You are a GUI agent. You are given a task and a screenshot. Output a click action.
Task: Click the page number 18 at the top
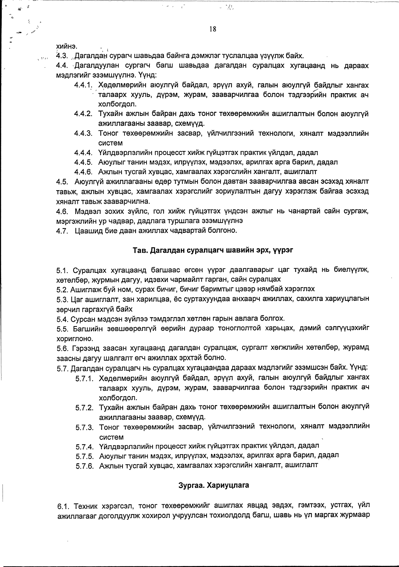pos(212,29)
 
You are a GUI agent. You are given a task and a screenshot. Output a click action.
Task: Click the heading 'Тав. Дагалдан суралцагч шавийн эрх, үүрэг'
pos(213,250)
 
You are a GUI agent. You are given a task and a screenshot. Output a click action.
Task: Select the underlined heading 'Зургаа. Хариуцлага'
pos(214,485)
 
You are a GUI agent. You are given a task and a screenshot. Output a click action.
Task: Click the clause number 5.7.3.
pos(84,428)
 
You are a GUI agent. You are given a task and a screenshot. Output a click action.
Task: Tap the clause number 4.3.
pos(61,56)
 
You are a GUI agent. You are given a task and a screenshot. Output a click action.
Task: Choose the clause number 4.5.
pos(62,182)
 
